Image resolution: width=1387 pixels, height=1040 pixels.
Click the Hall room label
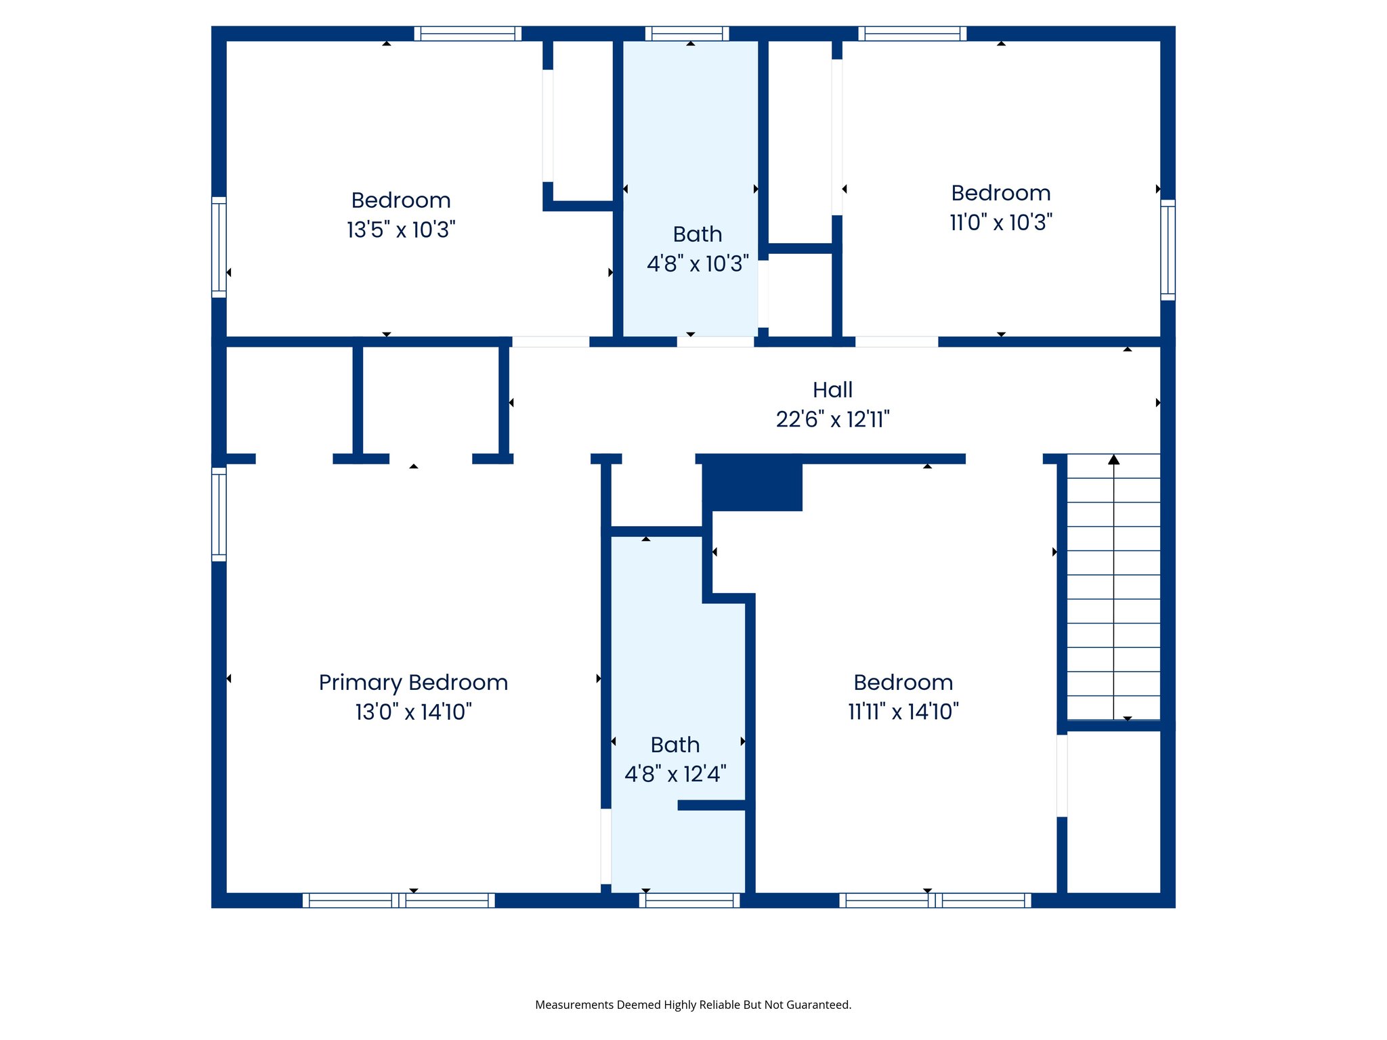coord(832,390)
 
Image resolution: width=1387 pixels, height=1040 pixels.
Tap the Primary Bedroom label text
coord(413,682)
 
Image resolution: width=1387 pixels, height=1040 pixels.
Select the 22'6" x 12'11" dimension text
coord(832,420)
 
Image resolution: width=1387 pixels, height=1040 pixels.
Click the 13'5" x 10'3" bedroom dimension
coord(401,230)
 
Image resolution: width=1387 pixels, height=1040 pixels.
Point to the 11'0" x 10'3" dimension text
coord(1001,223)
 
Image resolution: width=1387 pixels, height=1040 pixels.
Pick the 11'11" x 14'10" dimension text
coord(903,712)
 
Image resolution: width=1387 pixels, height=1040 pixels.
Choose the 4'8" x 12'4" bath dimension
coord(675,774)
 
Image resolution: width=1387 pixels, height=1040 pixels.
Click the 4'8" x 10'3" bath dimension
coord(698,264)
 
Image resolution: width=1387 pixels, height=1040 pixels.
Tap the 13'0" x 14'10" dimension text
coord(413,712)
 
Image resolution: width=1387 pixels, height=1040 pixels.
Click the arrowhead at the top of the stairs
coord(1114,460)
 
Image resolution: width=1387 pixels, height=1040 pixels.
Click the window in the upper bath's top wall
coord(687,34)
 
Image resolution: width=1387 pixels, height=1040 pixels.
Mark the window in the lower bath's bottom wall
coord(689,901)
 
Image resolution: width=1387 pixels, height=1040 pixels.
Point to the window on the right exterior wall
coord(1168,250)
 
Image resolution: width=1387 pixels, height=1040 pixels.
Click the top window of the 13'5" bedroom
coord(467,34)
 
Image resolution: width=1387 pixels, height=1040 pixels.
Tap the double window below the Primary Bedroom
coord(398,901)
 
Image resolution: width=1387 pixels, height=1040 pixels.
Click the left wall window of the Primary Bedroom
coord(219,515)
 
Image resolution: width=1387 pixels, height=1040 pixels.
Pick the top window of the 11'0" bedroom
coord(912,34)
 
